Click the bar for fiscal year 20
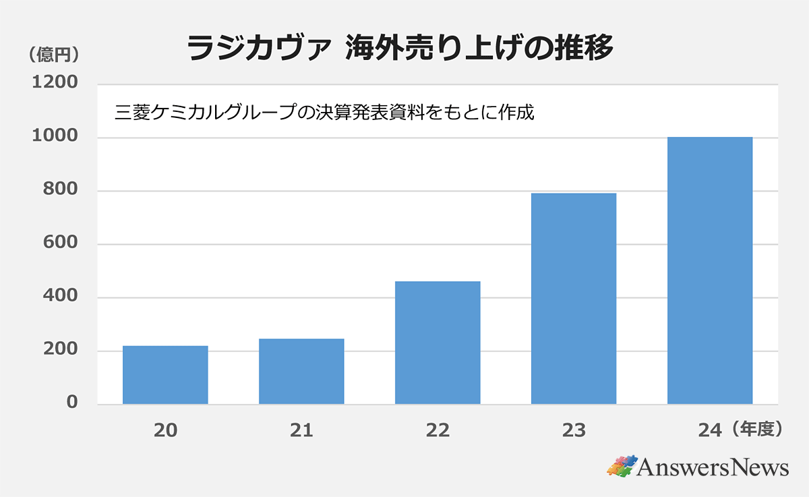[165, 375]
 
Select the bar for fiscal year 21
[301, 372]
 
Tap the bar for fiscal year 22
[438, 343]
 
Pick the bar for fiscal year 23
[574, 299]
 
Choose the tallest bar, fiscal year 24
[710, 270]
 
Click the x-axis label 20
[165, 430]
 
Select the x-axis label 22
[438, 430]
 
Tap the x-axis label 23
[574, 430]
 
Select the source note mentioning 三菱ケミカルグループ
[324, 112]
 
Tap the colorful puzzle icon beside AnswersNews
[622, 466]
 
